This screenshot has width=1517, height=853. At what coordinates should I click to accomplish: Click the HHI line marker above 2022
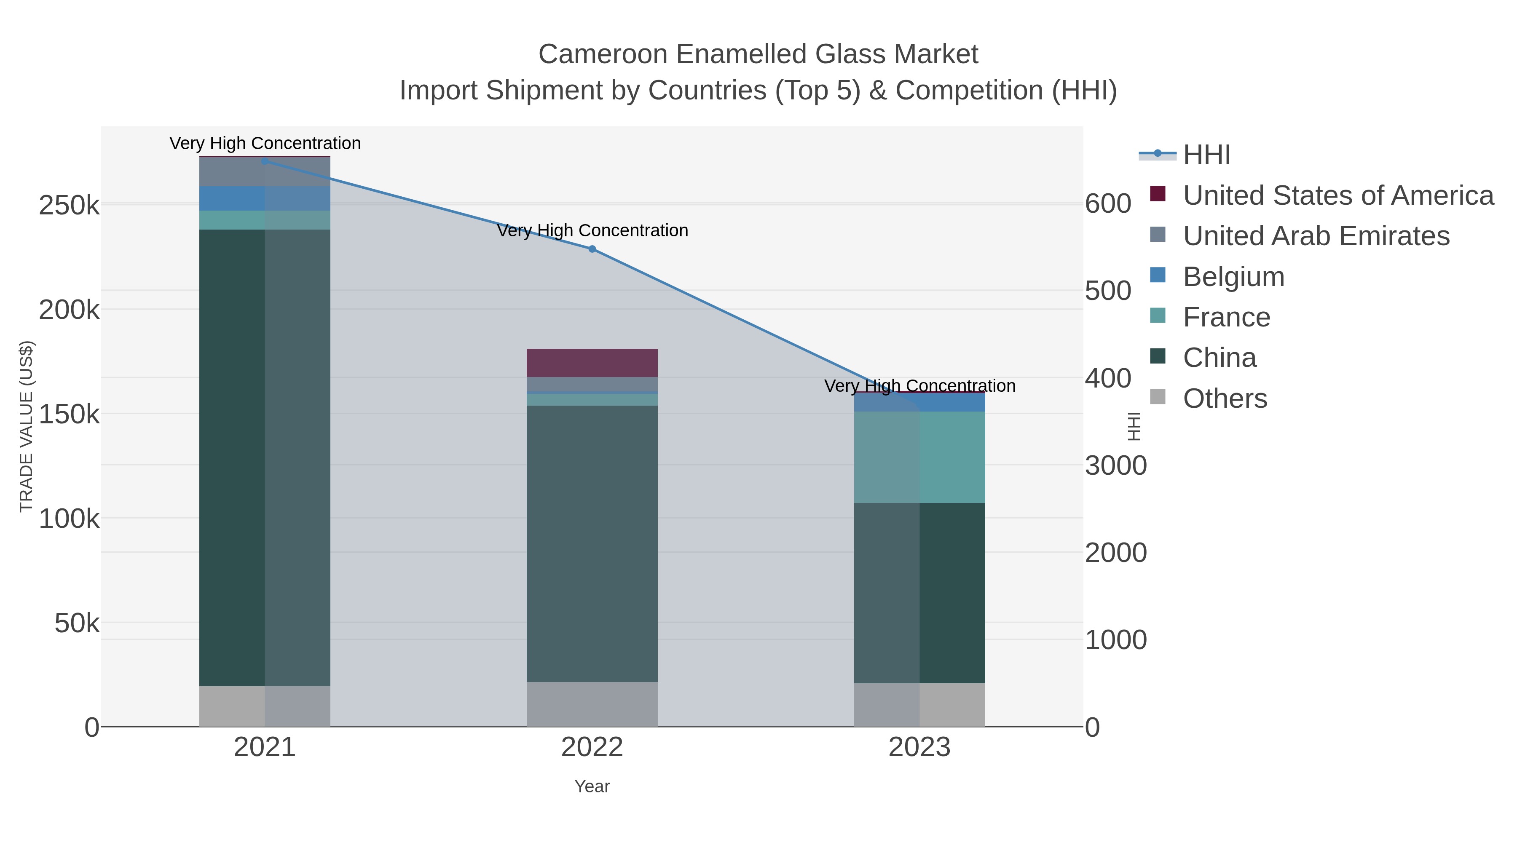click(x=592, y=249)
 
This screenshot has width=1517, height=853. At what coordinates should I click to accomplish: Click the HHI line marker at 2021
click(x=264, y=161)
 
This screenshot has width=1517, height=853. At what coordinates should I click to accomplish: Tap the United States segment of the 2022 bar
click(x=592, y=363)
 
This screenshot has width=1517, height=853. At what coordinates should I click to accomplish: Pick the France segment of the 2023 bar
click(x=919, y=457)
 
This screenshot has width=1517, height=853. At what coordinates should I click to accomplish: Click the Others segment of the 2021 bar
click(x=264, y=706)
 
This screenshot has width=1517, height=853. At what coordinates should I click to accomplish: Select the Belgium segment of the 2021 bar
click(x=264, y=198)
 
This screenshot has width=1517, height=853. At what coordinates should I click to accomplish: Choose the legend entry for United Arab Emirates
click(x=1316, y=235)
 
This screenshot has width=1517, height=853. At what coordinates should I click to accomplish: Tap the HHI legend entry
click(x=1206, y=155)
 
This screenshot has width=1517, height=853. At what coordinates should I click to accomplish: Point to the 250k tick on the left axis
click(x=69, y=206)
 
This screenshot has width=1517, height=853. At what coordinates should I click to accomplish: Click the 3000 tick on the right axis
click(x=1115, y=465)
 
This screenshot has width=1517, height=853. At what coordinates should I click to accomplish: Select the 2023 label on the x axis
click(x=919, y=748)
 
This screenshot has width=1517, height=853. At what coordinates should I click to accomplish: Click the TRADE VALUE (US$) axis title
click(x=27, y=426)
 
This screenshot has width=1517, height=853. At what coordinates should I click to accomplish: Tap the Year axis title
click(x=592, y=786)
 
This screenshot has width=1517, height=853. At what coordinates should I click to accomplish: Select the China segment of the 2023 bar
click(x=919, y=592)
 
